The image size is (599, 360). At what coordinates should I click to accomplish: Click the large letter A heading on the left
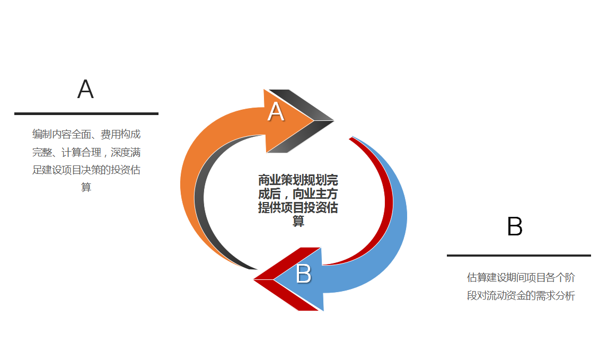point(85,89)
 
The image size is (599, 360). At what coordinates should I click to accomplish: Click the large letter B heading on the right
point(515,226)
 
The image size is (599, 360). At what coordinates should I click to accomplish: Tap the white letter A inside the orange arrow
point(276,111)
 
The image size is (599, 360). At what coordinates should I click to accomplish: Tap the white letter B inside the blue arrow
point(304,274)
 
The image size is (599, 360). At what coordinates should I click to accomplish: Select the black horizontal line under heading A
point(86,113)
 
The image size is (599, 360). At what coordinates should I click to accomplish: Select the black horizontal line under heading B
point(519,255)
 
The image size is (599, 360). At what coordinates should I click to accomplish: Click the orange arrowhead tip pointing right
point(314,121)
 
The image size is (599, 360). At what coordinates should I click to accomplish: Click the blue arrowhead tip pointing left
point(274,279)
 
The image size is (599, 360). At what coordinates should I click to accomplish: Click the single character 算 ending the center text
point(298,221)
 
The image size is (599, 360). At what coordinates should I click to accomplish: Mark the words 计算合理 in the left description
point(82,153)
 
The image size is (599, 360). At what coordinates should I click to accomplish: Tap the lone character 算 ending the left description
point(86,187)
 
